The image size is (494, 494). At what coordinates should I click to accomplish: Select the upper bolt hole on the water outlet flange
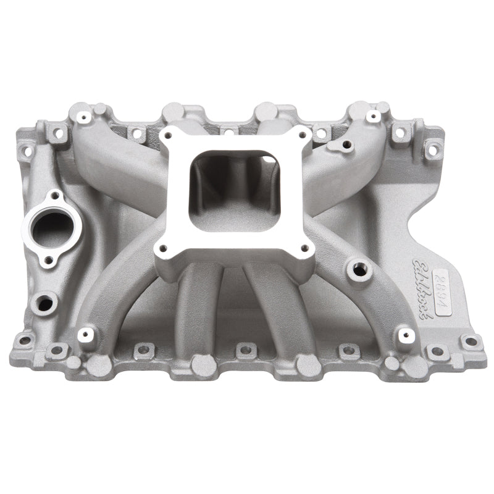pos(56,196)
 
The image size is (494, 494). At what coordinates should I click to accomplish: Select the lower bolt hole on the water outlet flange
pos(45,262)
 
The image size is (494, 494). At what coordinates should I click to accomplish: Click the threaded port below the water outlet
pos(44,303)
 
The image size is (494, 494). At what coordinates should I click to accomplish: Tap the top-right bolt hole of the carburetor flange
pos(303,137)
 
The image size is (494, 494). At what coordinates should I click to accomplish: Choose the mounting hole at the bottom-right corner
pos(471,341)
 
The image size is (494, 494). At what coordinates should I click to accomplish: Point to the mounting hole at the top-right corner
pos(433,147)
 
